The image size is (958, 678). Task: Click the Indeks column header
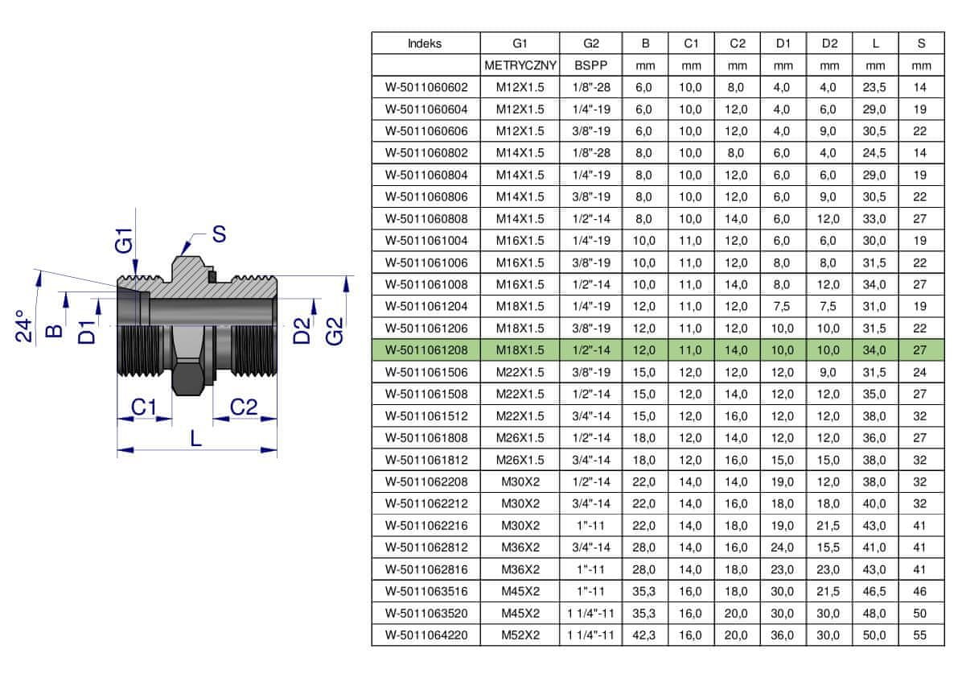[425, 43]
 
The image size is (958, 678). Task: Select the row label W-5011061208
[426, 350]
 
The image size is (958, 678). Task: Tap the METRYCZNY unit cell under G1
[520, 65]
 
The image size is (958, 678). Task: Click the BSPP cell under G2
[591, 65]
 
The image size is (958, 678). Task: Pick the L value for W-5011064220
[874, 635]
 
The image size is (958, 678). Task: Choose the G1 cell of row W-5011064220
[520, 635]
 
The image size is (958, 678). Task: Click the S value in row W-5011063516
[920, 591]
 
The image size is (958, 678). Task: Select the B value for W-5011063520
[644, 614]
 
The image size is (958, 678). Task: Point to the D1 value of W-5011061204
[782, 306]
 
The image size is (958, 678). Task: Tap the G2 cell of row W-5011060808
[591, 218]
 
